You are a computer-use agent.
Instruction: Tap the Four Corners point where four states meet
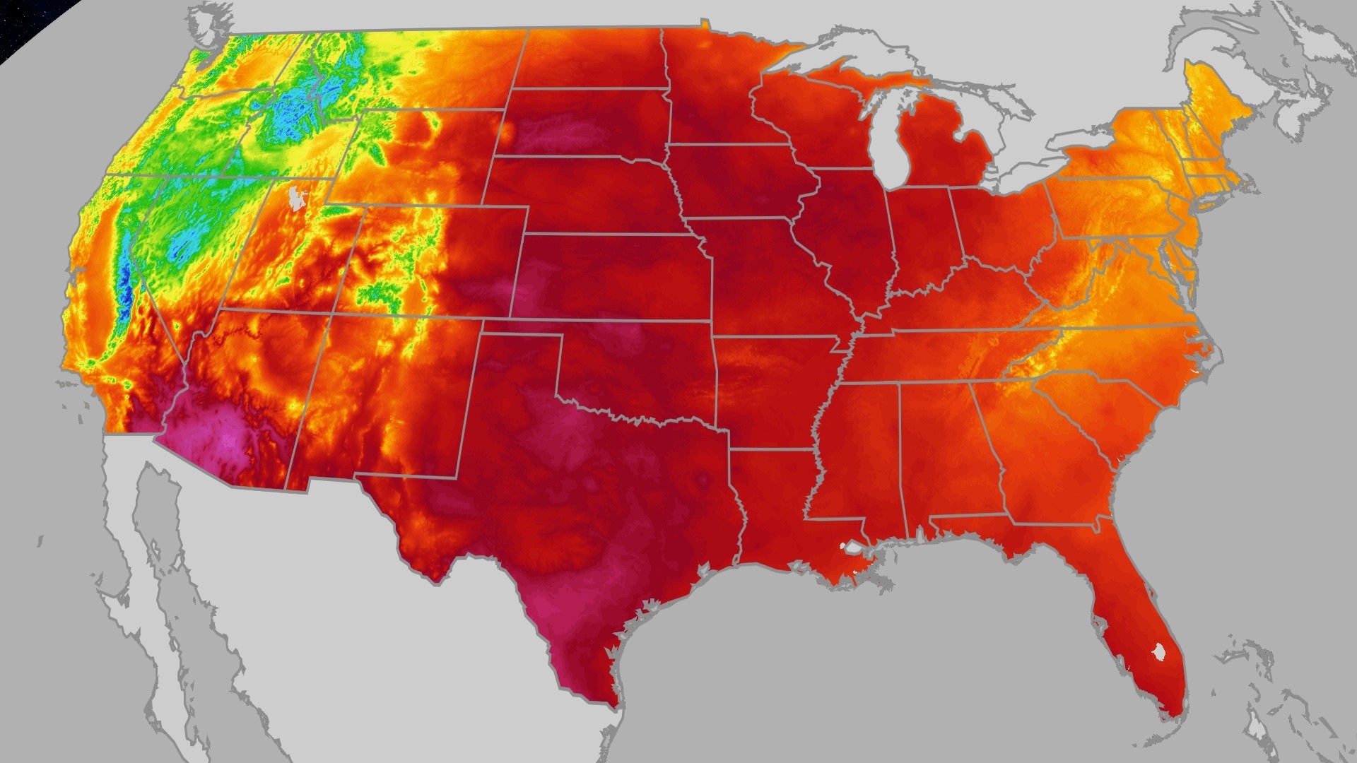point(334,312)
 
